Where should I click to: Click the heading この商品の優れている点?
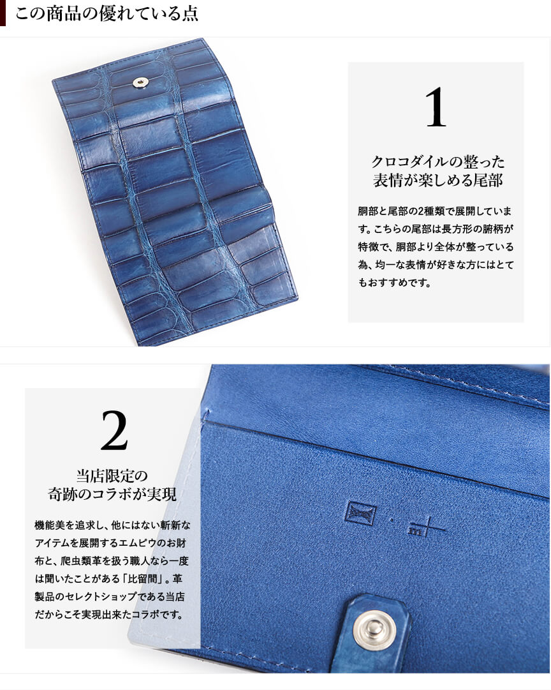[107, 13]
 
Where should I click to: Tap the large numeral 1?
[436, 107]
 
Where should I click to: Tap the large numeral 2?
[114, 431]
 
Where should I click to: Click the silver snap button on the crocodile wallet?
[141, 82]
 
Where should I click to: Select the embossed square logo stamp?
[360, 513]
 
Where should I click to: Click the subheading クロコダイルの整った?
[437, 162]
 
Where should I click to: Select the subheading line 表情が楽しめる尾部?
[437, 181]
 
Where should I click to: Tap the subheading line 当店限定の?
[112, 476]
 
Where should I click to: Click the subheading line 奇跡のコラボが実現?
[112, 494]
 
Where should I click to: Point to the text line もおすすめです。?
[395, 283]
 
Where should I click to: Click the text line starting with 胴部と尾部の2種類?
[435, 211]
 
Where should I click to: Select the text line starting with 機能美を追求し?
[112, 525]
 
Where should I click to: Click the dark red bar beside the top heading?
[3, 13]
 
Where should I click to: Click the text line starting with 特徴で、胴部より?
[436, 247]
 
